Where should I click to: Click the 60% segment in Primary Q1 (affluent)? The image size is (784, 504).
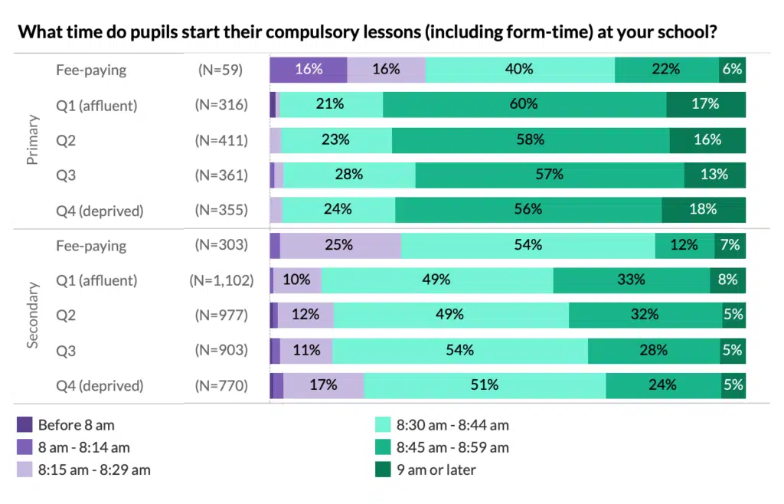[x=524, y=104]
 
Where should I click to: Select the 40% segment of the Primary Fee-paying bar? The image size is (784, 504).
[x=519, y=69]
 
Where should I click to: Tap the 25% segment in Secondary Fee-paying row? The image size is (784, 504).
[x=340, y=245]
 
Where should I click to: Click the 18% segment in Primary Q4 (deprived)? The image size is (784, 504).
[x=703, y=209]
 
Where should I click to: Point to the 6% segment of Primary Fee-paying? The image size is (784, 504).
[x=732, y=69]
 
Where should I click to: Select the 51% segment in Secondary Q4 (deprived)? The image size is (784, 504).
[x=485, y=385]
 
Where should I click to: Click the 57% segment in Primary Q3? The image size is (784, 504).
[x=550, y=175]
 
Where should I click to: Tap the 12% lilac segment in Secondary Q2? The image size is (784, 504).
[x=305, y=315]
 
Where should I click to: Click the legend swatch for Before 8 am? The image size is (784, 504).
[x=24, y=425]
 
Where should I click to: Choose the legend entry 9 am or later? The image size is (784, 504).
[x=436, y=470]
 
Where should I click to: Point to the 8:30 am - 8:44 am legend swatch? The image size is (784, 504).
[x=383, y=425]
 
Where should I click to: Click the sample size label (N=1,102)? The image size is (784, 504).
[x=221, y=280]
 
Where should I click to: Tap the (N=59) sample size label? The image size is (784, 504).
[x=220, y=70]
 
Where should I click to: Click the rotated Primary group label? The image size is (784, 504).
[x=33, y=140]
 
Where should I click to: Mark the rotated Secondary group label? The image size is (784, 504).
[x=33, y=315]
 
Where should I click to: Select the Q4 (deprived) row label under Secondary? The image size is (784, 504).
[x=100, y=385]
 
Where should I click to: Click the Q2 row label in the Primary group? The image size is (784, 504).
[x=66, y=140]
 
